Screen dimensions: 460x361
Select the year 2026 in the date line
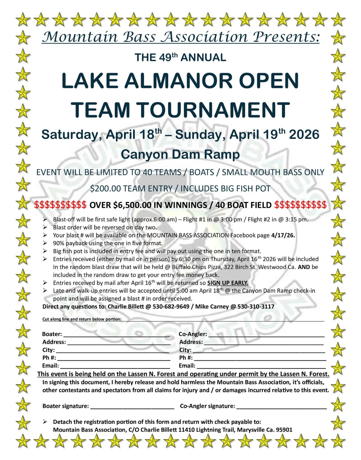pyautogui.click(x=304, y=135)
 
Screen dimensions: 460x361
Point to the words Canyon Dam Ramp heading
pyautogui.click(x=180, y=154)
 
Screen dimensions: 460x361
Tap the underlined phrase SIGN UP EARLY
pyautogui.click(x=228, y=283)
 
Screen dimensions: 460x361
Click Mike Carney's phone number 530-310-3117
pyautogui.click(x=256, y=306)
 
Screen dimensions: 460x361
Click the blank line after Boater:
pyautogui.click(x=116, y=335)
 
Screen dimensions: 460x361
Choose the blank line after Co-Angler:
pyautogui.click(x=266, y=335)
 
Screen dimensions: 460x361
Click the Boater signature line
pyautogui.click(x=132, y=407)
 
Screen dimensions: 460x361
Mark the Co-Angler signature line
pyautogui.click(x=281, y=407)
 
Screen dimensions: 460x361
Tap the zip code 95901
pyautogui.click(x=284, y=430)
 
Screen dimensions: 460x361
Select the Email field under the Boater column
pyautogui.click(x=115, y=366)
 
